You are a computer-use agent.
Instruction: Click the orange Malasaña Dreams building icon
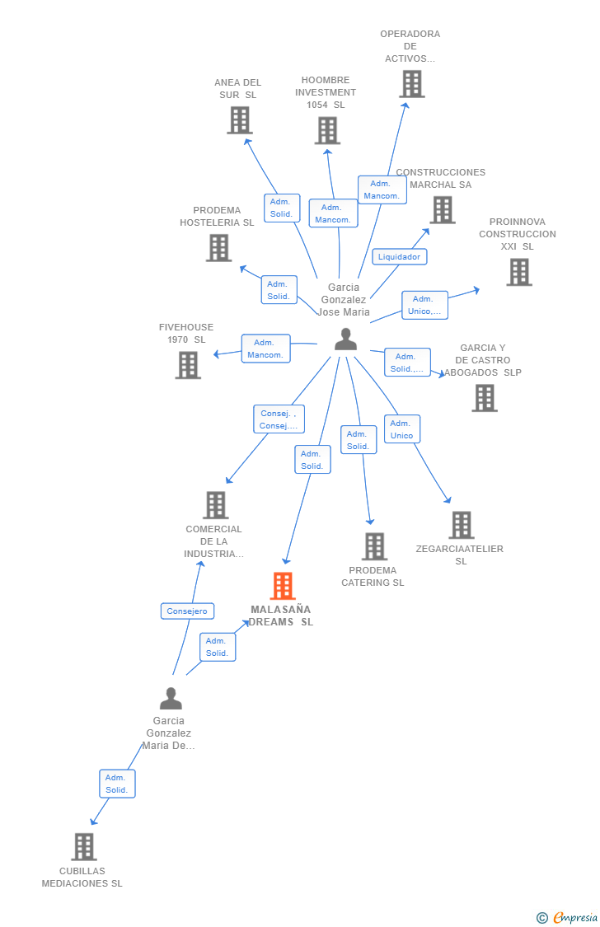[x=283, y=586]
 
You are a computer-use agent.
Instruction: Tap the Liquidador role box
[x=399, y=256]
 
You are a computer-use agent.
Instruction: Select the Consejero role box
[x=187, y=611]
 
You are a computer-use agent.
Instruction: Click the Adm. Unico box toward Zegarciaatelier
[x=402, y=429]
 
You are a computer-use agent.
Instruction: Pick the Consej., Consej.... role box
[x=279, y=419]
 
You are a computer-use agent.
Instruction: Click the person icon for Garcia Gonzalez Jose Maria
[x=346, y=339]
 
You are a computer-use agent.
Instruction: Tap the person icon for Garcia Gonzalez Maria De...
[x=171, y=698]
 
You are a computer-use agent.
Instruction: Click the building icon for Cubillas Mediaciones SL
[x=84, y=846]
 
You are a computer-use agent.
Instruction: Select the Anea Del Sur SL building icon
[x=240, y=120]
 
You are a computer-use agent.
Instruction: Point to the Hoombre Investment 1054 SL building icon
[x=327, y=130]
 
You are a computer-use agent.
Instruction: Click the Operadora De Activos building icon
[x=412, y=83]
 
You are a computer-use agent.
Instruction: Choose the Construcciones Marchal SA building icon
[x=443, y=210]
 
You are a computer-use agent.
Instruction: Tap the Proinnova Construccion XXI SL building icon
[x=519, y=272]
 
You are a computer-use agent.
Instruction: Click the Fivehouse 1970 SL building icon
[x=189, y=365]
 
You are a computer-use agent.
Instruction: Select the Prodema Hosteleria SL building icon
[x=218, y=248]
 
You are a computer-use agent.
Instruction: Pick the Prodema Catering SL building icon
[x=375, y=546]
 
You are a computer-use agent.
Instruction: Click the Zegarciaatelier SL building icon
[x=462, y=525]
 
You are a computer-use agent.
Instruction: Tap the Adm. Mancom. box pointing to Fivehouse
[x=266, y=349]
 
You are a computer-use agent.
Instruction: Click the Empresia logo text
[x=575, y=917]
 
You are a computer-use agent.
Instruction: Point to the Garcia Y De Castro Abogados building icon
[x=485, y=398]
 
